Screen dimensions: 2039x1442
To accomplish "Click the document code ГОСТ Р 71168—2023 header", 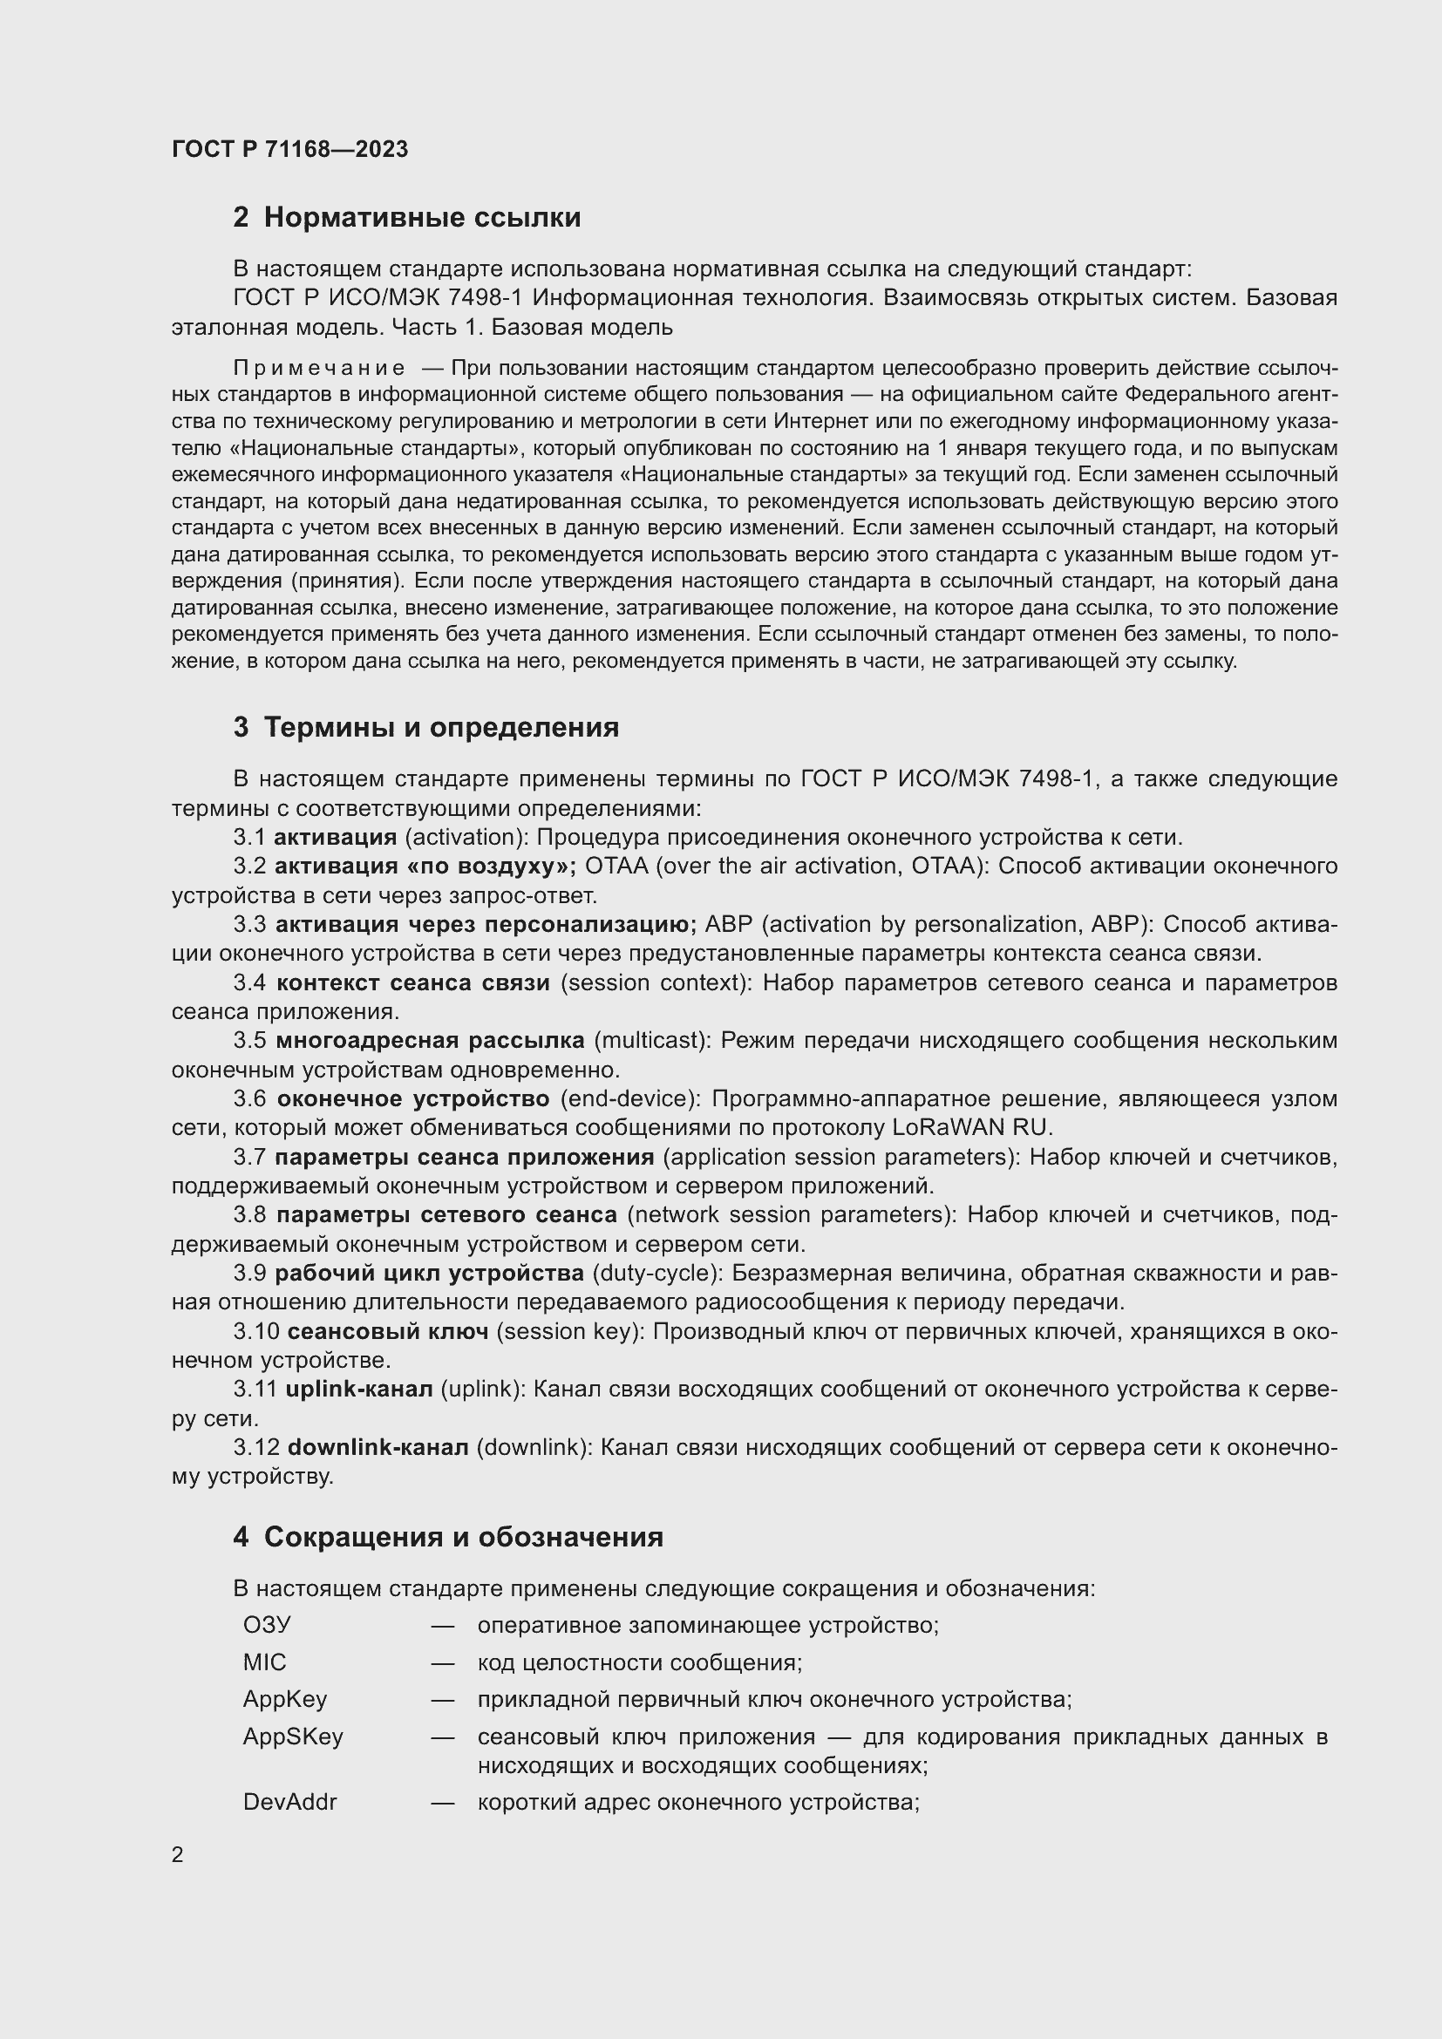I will pos(289,149).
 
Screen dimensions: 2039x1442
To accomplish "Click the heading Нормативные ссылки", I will pos(422,218).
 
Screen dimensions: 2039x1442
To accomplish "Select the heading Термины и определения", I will pos(441,727).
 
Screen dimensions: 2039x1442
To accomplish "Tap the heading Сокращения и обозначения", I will pos(463,1536).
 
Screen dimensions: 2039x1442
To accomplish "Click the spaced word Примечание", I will pos(319,369).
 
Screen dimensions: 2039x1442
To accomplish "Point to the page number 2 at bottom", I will pos(178,1854).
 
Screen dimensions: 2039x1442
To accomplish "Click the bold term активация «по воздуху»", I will pos(425,866).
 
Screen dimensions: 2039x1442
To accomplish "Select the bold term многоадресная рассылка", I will pos(430,1041).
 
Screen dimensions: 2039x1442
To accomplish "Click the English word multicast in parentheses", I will pos(652,1041).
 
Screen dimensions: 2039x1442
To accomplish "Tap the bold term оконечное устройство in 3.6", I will pos(413,1098).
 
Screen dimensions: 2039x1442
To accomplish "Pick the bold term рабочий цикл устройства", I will pos(429,1274).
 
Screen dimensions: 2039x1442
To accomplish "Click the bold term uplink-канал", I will pos(359,1389).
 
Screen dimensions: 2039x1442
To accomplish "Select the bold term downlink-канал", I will pos(378,1448).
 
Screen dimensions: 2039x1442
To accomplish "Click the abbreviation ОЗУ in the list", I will pos(267,1625).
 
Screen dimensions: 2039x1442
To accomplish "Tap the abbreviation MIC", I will pos(265,1662).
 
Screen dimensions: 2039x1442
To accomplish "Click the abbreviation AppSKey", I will pos(293,1737).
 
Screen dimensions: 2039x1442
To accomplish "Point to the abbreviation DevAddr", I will pos(289,1802).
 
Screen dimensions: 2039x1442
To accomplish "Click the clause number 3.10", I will pos(256,1331).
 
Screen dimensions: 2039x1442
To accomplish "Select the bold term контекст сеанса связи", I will pos(413,983).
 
